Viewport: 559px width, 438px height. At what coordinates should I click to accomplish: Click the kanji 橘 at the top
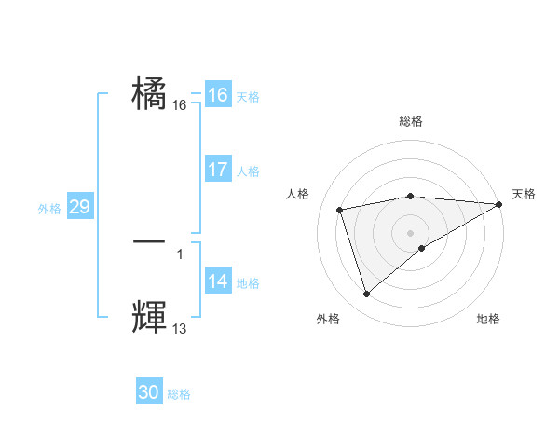tap(150, 94)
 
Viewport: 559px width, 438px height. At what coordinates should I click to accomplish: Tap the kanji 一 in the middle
tap(149, 240)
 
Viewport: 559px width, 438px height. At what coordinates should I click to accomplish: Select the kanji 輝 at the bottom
tap(149, 316)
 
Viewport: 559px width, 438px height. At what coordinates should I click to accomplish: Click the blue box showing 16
tap(218, 95)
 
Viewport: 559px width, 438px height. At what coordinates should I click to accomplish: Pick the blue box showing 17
tap(218, 170)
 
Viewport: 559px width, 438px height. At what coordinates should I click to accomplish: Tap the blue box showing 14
tap(218, 281)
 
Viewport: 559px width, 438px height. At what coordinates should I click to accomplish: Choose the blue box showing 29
tap(79, 207)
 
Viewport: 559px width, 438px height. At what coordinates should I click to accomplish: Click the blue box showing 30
tap(149, 392)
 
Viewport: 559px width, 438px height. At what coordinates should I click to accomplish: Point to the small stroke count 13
tap(180, 328)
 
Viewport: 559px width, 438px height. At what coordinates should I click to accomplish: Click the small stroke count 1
tap(180, 253)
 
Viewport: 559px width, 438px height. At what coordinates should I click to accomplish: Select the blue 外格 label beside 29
tap(49, 209)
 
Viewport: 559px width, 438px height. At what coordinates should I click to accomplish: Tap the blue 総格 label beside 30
tap(179, 394)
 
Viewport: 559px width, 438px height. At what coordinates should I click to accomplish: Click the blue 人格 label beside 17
tap(248, 171)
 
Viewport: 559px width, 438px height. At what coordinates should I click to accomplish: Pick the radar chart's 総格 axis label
tap(411, 121)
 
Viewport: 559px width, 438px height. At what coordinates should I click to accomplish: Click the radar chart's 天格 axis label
tap(524, 194)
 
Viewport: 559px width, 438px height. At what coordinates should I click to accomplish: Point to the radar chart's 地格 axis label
tap(488, 320)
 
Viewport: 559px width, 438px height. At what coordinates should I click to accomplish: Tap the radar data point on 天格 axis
tap(500, 204)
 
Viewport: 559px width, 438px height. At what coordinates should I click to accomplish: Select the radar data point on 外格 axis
tap(366, 294)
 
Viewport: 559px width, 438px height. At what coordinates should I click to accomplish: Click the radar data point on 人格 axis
tap(340, 209)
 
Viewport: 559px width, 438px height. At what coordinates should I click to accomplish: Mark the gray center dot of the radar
tap(411, 233)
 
